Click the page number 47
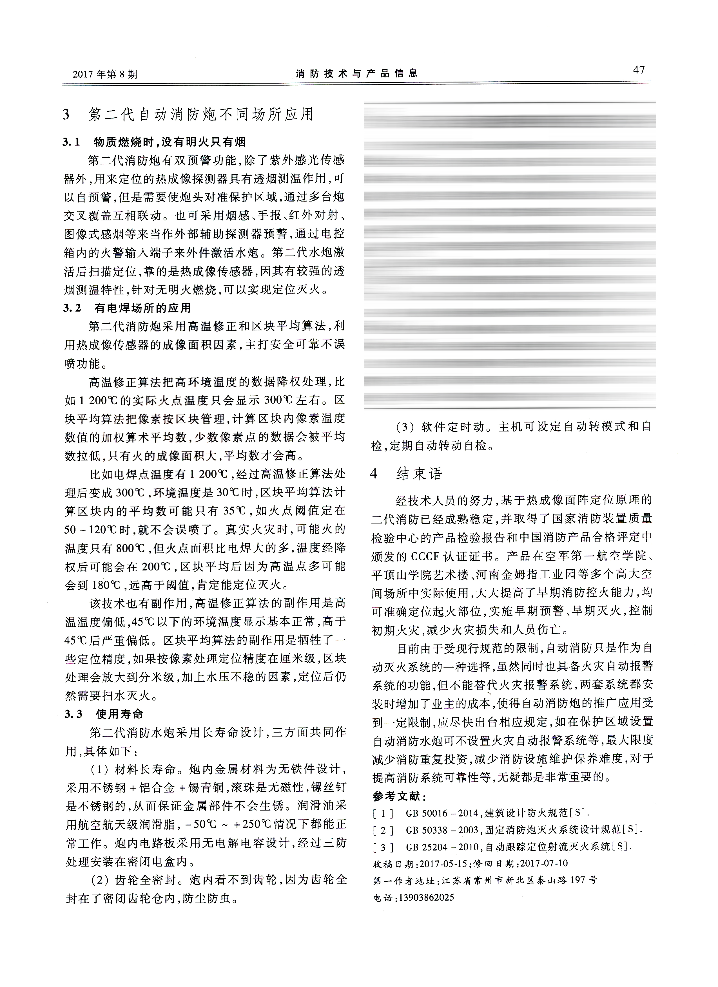639,70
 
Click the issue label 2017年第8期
105,74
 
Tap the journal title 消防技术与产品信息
356,73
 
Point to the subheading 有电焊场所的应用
143,308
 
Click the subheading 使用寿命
120,714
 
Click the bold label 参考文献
399,796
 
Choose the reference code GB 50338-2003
442,830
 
